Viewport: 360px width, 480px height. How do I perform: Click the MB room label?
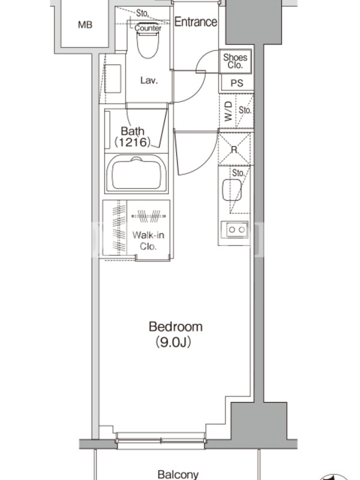coord(85,25)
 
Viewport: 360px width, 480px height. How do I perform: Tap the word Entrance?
coord(196,22)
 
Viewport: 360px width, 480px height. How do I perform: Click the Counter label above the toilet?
coord(148,28)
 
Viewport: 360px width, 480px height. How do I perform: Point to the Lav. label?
coord(149,80)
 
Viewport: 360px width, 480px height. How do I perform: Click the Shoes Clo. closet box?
coord(235,61)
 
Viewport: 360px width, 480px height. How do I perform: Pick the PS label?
coord(236,83)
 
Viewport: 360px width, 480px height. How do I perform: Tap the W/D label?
coord(229,111)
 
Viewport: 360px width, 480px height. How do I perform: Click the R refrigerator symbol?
coord(234,149)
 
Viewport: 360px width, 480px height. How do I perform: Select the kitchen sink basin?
coord(232,190)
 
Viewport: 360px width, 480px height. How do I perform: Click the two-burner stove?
coord(237,229)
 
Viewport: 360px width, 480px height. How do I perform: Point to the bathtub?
coord(136,173)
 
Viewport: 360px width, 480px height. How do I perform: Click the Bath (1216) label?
coord(133,137)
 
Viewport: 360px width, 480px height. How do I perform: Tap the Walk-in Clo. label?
coord(148,241)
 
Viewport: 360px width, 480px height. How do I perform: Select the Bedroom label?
coord(175,326)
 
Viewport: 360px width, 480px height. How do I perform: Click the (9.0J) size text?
coord(173,342)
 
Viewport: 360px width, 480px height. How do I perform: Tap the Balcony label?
coord(178,475)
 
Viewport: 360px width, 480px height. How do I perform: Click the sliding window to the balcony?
coord(160,441)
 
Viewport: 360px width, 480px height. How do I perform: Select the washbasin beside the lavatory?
coord(113,79)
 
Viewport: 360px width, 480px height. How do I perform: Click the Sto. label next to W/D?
coord(245,110)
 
